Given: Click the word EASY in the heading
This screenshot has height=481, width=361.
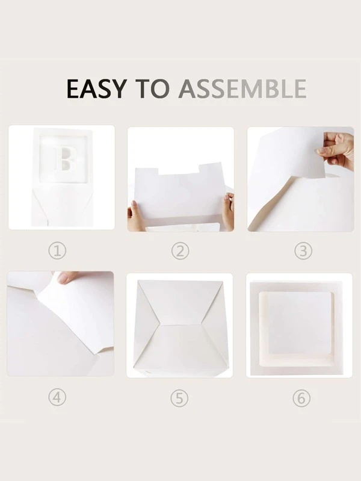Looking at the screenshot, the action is pyautogui.click(x=96, y=88).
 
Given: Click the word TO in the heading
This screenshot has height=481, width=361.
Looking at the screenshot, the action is pyautogui.click(x=152, y=88).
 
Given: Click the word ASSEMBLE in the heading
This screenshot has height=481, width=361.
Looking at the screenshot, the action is pyautogui.click(x=242, y=88).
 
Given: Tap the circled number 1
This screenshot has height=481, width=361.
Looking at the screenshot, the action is pyautogui.click(x=57, y=251).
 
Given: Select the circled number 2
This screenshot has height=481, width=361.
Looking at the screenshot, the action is pyautogui.click(x=180, y=251).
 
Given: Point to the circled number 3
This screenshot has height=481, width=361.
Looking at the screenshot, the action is pyautogui.click(x=303, y=251).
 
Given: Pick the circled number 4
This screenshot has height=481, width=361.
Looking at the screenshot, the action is pyautogui.click(x=57, y=398).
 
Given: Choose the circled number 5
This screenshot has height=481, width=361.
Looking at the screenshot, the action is pyautogui.click(x=179, y=398).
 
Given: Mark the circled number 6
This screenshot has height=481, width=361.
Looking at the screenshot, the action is pyautogui.click(x=301, y=398).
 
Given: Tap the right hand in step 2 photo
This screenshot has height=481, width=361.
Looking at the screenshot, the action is pyautogui.click(x=227, y=211).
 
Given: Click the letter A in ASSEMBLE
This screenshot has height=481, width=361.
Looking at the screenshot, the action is pyautogui.click(x=188, y=88).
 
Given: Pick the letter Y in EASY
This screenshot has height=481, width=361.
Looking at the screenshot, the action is pyautogui.click(x=117, y=88).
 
